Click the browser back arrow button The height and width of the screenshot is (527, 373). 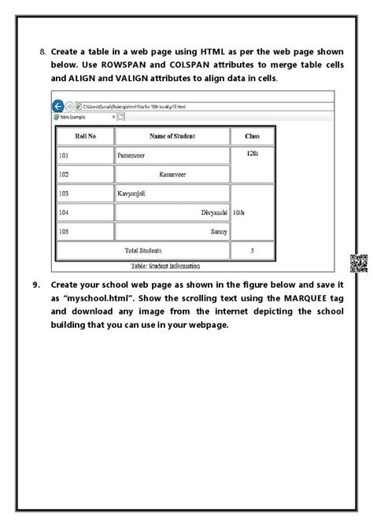(x=58, y=106)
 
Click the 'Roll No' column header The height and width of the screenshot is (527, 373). (x=85, y=136)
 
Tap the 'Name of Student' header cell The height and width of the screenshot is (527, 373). (x=172, y=136)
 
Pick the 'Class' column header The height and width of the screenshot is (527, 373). (x=252, y=136)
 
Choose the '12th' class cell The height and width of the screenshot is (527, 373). (x=252, y=154)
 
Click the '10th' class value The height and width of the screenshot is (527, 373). (x=240, y=212)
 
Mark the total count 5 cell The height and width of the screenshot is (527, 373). (x=252, y=250)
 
